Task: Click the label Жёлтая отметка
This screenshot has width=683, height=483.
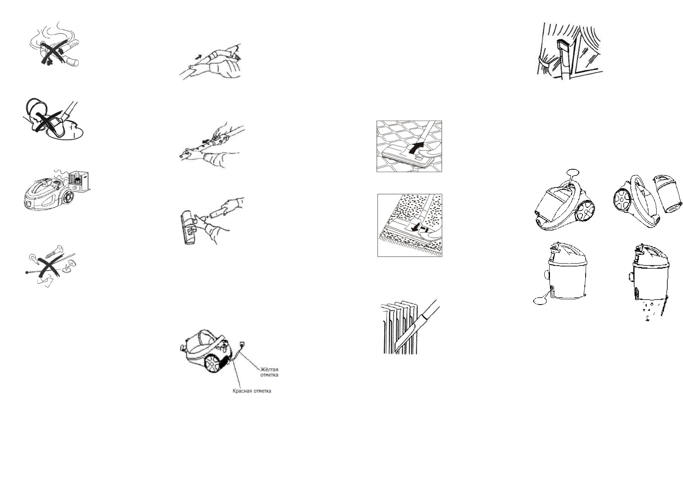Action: tap(269, 372)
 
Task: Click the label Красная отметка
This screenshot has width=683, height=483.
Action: tap(251, 391)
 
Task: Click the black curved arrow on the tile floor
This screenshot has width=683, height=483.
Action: tap(416, 147)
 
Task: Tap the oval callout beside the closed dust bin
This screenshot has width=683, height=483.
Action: tap(540, 301)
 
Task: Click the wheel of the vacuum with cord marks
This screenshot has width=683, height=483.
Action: tap(212, 363)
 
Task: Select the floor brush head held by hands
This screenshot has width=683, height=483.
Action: tap(189, 227)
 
